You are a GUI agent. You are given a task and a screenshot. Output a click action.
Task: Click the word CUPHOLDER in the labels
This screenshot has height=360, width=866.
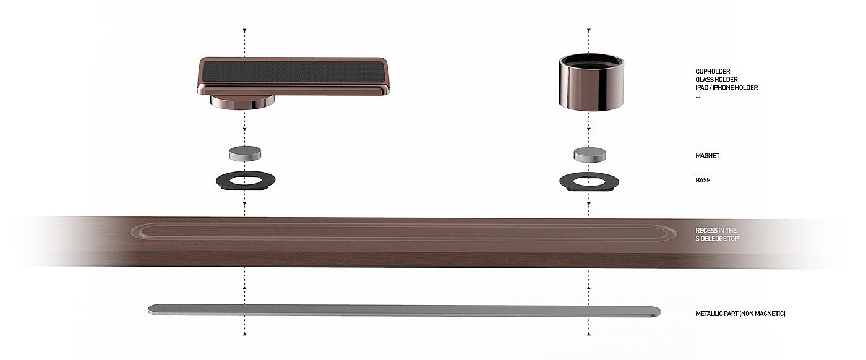pyautogui.click(x=713, y=71)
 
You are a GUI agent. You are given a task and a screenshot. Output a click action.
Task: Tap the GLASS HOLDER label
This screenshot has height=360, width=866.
pyautogui.click(x=716, y=79)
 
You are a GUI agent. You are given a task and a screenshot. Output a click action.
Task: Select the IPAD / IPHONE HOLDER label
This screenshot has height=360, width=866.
pyautogui.click(x=726, y=88)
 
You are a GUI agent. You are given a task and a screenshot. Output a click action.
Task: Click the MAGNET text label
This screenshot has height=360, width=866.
pyautogui.click(x=707, y=156)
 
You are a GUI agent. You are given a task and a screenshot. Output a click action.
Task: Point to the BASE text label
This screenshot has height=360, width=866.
pyautogui.click(x=703, y=180)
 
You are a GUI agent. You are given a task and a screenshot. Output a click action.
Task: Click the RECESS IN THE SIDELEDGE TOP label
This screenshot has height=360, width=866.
pyautogui.click(x=716, y=234)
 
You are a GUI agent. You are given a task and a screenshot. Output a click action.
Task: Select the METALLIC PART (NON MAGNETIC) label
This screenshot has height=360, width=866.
pyautogui.click(x=740, y=314)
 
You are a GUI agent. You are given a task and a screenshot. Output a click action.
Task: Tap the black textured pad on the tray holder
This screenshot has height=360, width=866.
pyautogui.click(x=292, y=72)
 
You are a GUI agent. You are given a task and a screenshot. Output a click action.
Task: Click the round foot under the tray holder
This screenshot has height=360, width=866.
pyautogui.click(x=242, y=103)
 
